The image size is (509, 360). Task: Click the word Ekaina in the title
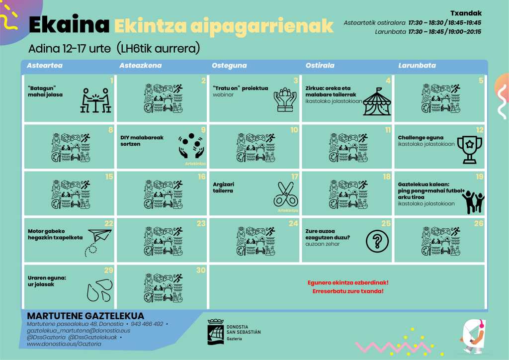pyautogui.click(x=69, y=25)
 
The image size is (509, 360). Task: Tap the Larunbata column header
pyautogui.click(x=417, y=66)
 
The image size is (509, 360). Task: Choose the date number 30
pyautogui.click(x=201, y=270)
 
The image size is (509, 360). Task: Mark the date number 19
pyautogui.click(x=479, y=177)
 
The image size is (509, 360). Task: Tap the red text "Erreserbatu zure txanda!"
pyautogui.click(x=348, y=290)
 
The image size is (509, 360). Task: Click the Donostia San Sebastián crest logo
pyautogui.click(x=215, y=331)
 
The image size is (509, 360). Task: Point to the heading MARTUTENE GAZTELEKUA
pyautogui.click(x=85, y=316)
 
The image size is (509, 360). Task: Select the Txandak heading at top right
pyautogui.click(x=466, y=13)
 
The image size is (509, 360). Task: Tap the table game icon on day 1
pyautogui.click(x=95, y=100)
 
